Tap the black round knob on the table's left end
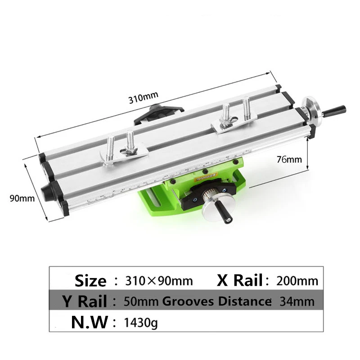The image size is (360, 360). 48,192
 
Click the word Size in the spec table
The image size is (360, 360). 90,281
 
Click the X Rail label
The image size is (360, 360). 240,280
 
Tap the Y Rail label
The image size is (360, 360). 85,301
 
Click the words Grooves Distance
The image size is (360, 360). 216,301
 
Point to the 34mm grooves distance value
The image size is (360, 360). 297,301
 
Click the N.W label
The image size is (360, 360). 90,322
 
